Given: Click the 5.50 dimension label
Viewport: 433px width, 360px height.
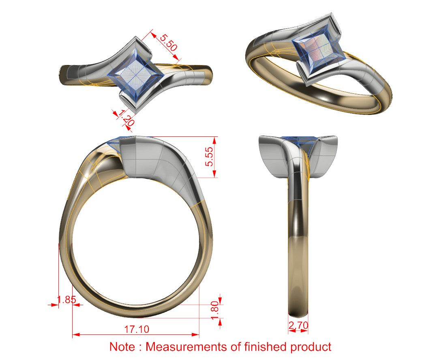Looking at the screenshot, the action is pyautogui.click(x=168, y=42).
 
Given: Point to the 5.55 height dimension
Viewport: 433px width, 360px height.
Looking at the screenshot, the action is pyautogui.click(x=209, y=157).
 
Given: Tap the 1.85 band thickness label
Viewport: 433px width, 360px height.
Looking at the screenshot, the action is pyautogui.click(x=66, y=300).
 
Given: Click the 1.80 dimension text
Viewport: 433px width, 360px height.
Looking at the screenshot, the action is pyautogui.click(x=214, y=310).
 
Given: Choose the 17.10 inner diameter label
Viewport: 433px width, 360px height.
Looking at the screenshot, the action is pyautogui.click(x=136, y=329).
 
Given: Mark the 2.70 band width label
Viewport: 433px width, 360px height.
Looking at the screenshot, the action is pyautogui.click(x=298, y=325).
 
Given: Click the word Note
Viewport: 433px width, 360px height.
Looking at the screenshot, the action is pyautogui.click(x=122, y=347).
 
